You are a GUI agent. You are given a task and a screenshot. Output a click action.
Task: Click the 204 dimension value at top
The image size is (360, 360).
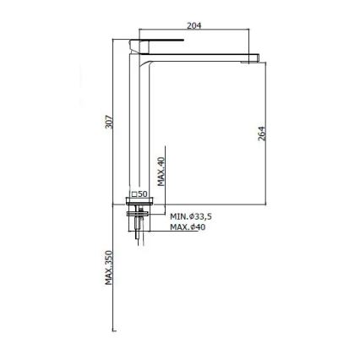click(x=193, y=26)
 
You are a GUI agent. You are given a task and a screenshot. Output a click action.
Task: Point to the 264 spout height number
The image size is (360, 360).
click(x=262, y=132)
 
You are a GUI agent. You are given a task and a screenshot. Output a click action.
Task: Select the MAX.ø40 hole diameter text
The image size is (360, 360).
click(x=187, y=226)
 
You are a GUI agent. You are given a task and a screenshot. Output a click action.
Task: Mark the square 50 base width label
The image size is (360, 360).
click(x=140, y=194)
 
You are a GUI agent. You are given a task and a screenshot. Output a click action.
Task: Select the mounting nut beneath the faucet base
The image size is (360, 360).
click(x=139, y=212)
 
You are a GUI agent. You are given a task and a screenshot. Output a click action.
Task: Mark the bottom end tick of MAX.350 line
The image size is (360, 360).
click(x=113, y=330)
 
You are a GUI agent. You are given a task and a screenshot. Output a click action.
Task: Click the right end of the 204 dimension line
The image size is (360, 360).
click(x=249, y=33)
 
